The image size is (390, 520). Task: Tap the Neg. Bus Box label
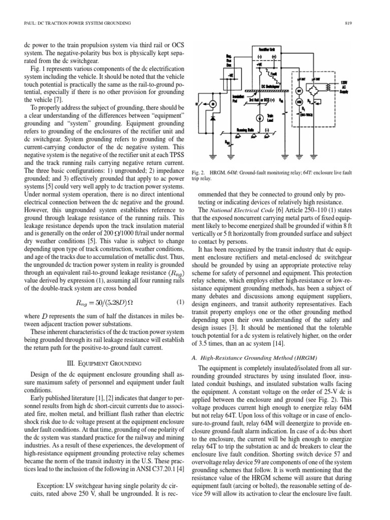(x=229, y=60)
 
